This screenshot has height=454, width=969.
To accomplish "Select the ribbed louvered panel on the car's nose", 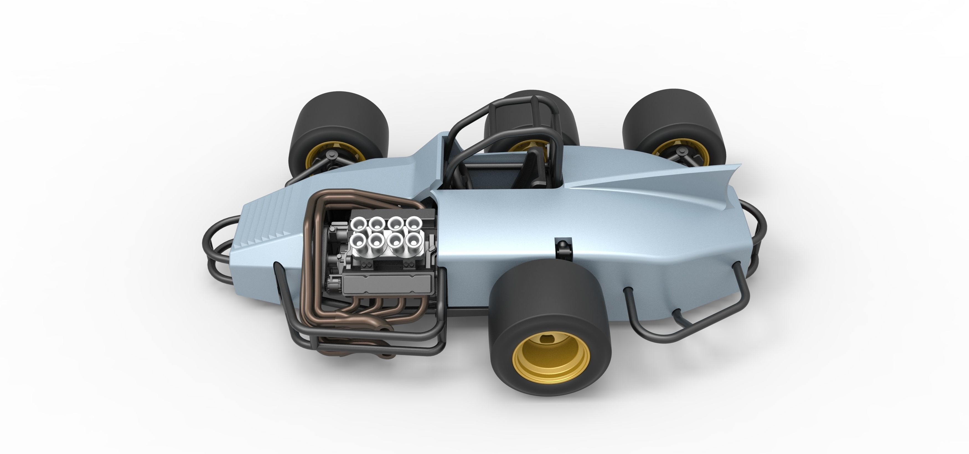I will (271, 222).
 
